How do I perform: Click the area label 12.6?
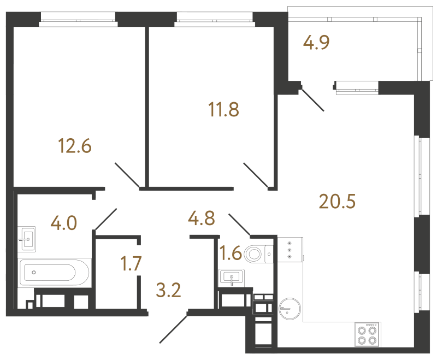74,146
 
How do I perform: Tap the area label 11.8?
223,110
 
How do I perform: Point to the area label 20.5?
337,202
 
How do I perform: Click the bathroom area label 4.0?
63,223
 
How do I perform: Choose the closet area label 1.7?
132,264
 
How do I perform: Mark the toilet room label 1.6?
230,253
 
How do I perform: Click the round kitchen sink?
288,309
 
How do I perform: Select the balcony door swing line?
313,99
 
